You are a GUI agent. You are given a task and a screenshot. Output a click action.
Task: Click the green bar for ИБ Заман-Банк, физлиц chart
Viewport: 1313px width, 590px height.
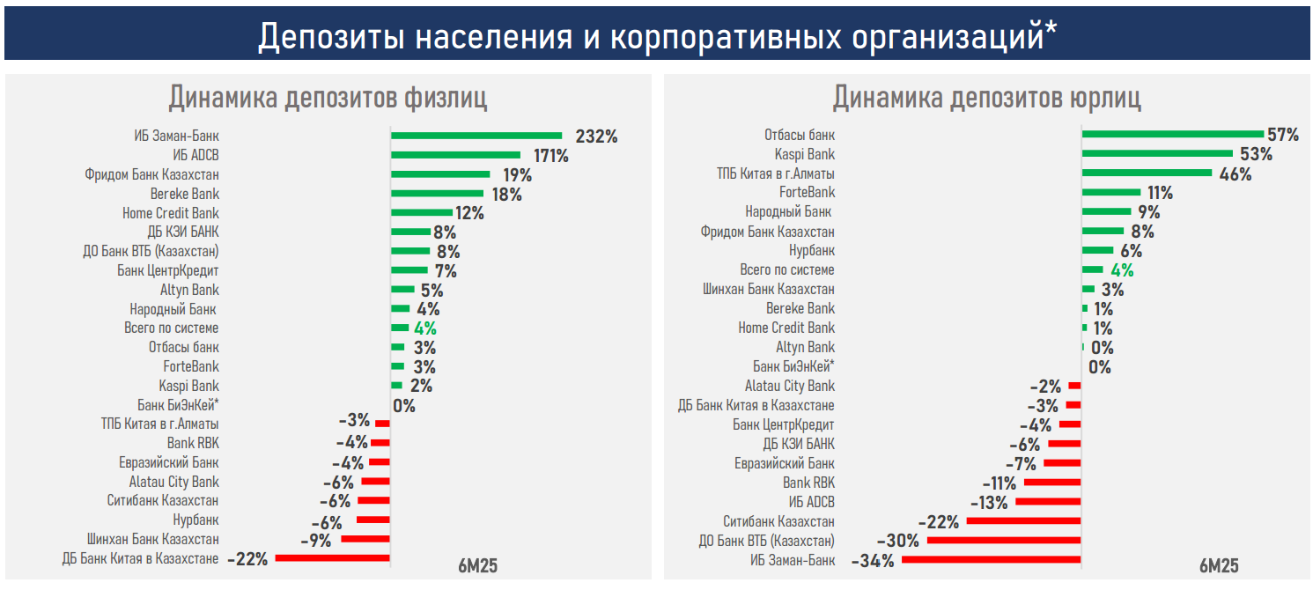[x=476, y=136]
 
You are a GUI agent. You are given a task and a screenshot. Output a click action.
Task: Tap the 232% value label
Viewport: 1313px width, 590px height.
[x=596, y=136]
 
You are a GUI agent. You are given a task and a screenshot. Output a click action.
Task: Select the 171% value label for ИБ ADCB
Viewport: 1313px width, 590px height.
[x=550, y=156]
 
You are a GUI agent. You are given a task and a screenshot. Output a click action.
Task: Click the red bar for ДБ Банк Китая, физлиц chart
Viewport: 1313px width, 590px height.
[x=332, y=558]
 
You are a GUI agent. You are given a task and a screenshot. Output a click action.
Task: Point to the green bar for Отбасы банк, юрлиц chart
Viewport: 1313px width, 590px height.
[x=1171, y=134]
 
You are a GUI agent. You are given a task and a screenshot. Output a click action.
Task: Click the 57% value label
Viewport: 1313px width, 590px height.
[x=1283, y=135]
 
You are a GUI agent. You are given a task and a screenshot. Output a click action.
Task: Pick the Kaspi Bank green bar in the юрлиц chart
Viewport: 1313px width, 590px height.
[x=1157, y=153]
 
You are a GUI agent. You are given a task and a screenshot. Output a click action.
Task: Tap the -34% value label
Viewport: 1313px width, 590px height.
[x=873, y=560]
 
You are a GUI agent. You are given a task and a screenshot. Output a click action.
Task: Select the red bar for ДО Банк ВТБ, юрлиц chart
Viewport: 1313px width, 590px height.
[x=1004, y=540]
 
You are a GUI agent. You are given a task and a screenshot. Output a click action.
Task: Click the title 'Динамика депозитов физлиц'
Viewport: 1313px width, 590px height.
[x=328, y=97]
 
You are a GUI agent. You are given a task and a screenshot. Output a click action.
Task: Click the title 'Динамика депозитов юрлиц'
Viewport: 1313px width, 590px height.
[x=986, y=97]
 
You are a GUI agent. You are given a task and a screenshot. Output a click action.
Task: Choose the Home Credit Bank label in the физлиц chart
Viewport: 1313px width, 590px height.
[x=171, y=213]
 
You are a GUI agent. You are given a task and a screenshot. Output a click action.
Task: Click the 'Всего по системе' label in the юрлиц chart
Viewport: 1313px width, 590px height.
[x=787, y=270]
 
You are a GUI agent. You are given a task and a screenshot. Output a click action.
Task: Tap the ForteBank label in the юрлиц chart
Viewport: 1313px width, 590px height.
[x=807, y=193]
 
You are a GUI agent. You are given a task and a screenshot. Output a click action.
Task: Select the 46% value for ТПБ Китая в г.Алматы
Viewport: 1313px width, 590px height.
[x=1235, y=173]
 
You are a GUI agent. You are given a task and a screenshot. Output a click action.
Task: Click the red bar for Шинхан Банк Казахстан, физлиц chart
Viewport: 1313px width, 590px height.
[x=365, y=539]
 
